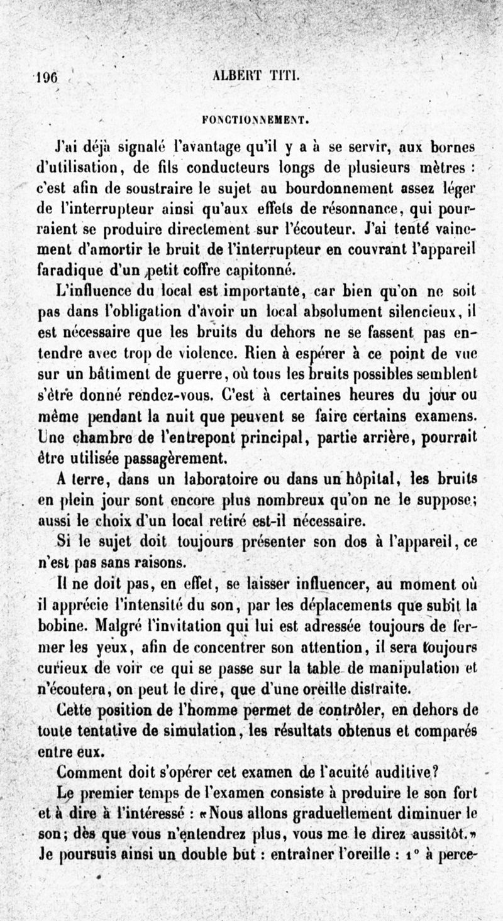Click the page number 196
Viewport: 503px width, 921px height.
pyautogui.click(x=47, y=77)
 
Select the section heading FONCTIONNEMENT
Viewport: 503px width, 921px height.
pyautogui.click(x=250, y=117)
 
